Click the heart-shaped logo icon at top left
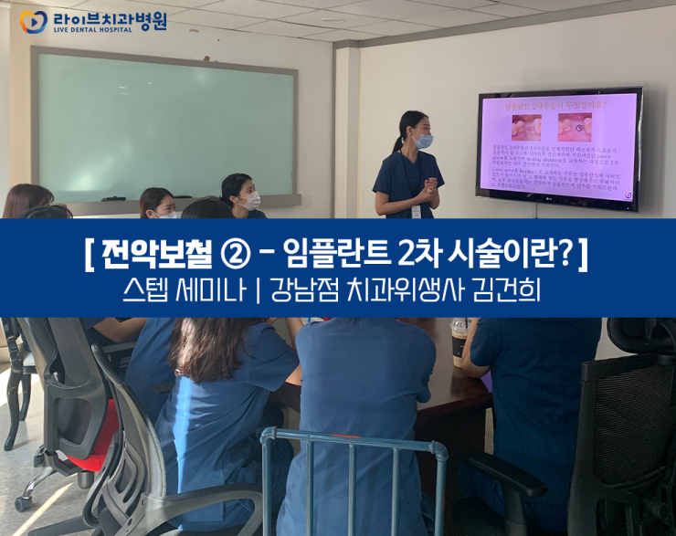point(33,21)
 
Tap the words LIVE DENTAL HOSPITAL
point(92,30)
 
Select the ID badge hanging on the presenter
point(417,211)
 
